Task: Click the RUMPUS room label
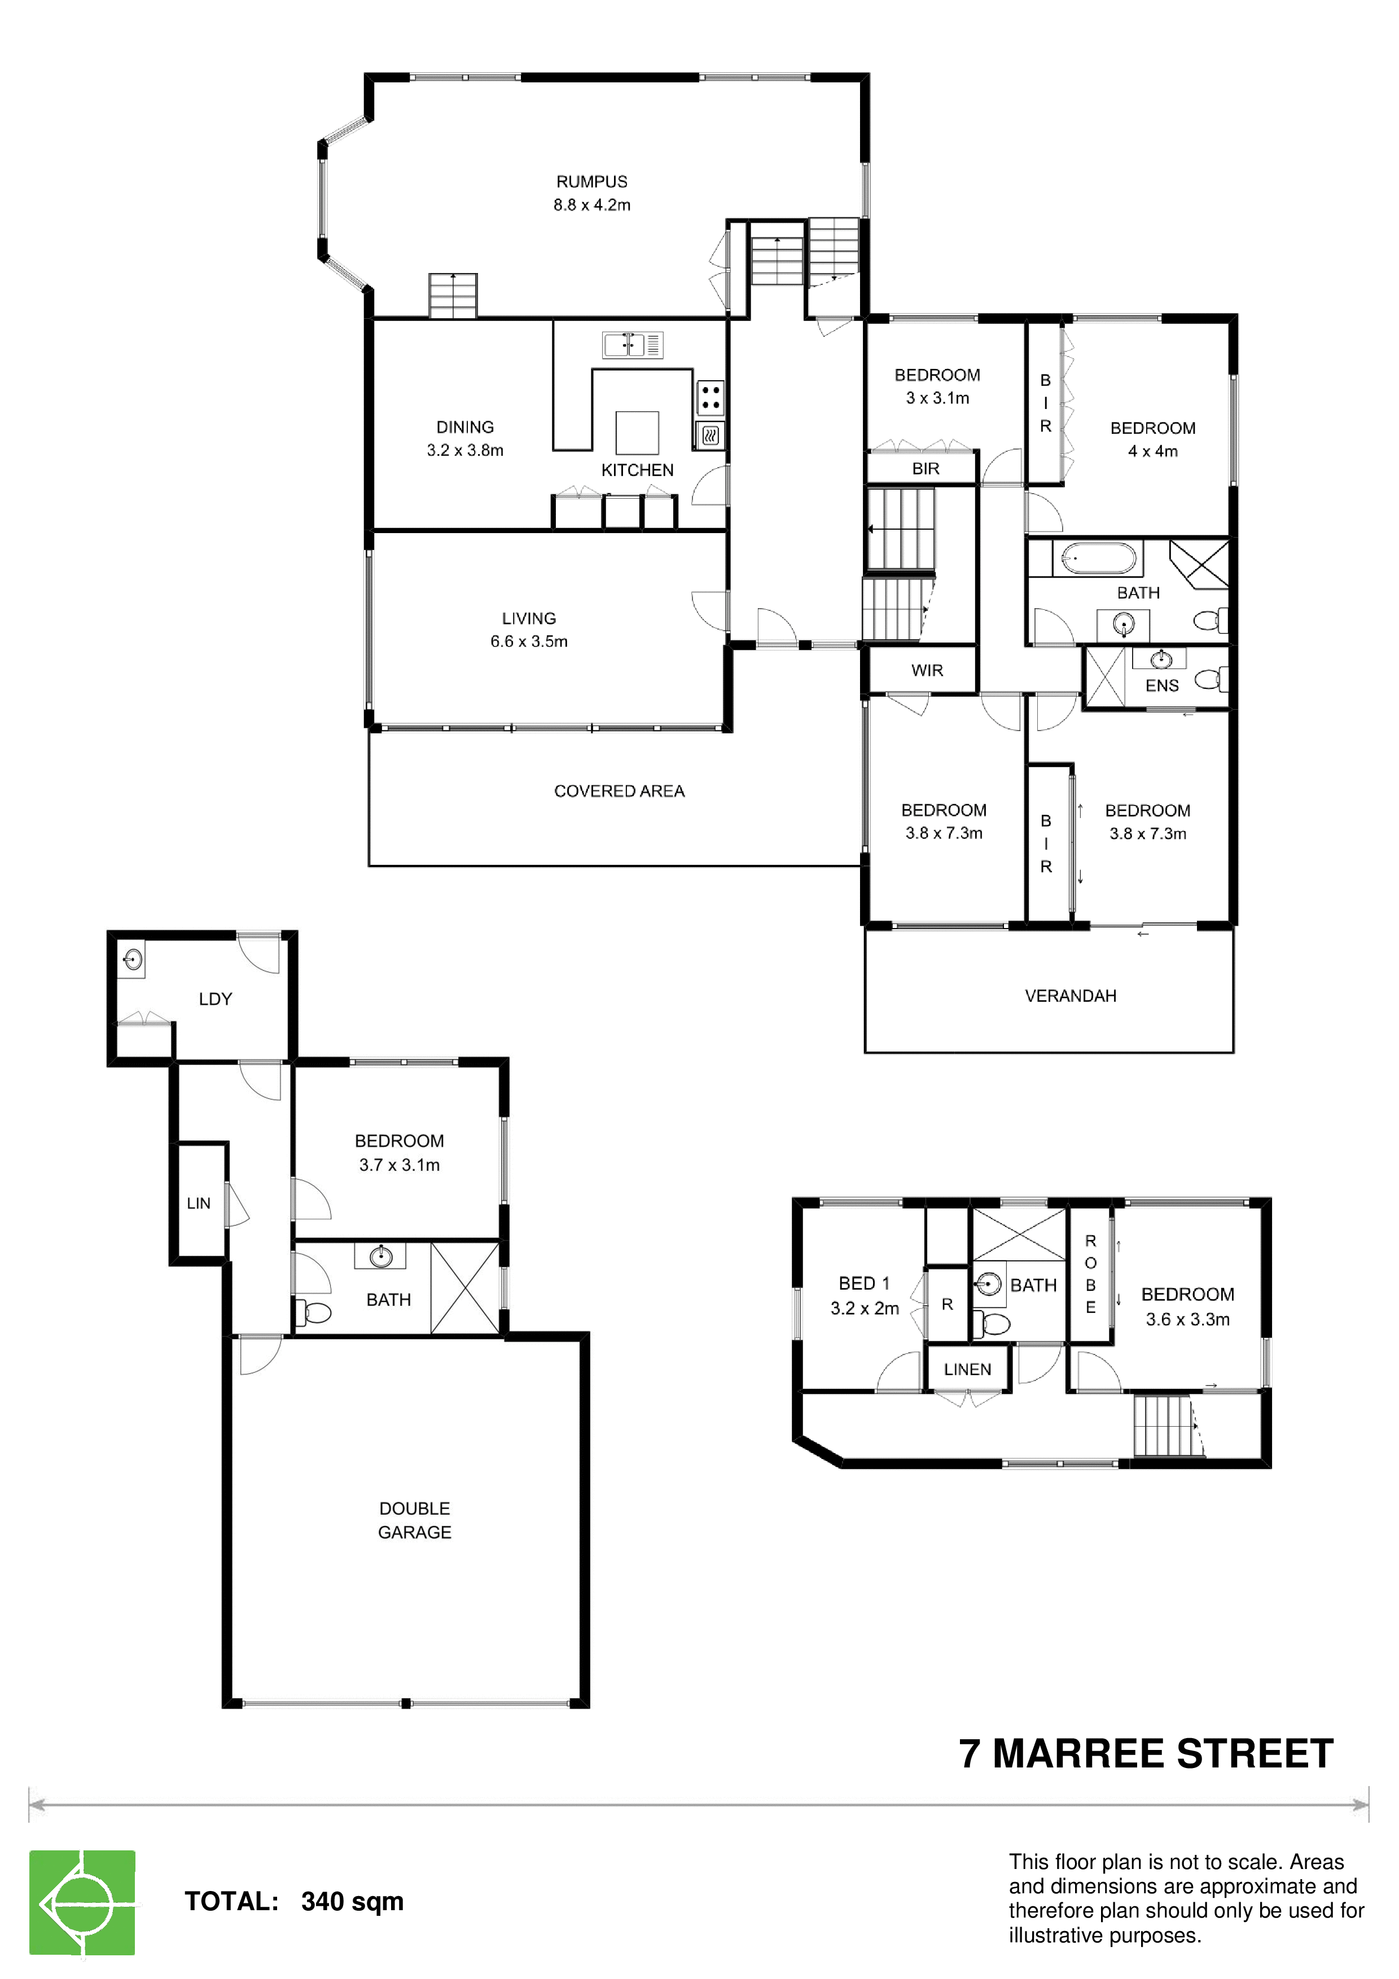point(591,182)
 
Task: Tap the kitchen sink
point(633,345)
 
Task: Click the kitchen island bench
point(637,433)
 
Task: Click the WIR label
point(928,671)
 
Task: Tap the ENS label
point(1162,685)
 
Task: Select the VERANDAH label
point(1071,996)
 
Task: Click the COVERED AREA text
point(619,791)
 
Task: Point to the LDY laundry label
point(216,999)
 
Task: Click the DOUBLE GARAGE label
point(415,1520)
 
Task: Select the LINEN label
point(967,1370)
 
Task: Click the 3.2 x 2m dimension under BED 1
point(865,1308)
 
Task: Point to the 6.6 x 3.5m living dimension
point(529,641)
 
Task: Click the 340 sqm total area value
point(353,1901)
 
